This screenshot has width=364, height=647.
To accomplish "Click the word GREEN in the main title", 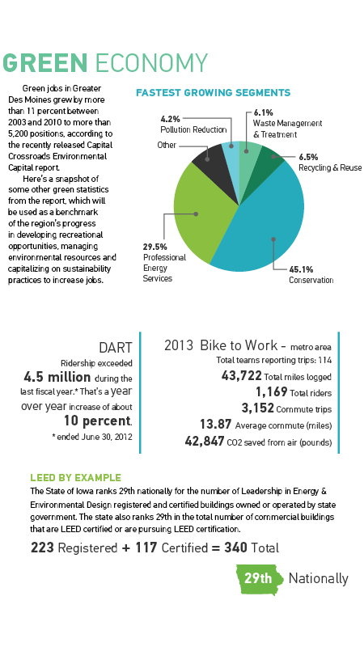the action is [x=45, y=63].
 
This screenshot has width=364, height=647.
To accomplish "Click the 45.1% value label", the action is [x=301, y=269].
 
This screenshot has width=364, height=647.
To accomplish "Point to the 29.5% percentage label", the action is [x=154, y=247].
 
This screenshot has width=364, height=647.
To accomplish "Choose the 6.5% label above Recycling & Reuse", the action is [x=308, y=157].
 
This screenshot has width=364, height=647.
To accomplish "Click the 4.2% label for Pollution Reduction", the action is [x=170, y=119].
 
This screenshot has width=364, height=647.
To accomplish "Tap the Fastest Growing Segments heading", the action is [x=213, y=93].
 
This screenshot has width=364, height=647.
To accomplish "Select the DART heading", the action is [x=116, y=348].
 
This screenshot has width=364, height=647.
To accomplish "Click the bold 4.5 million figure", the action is [x=57, y=377].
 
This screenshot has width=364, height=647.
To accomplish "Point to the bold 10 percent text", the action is [x=97, y=421].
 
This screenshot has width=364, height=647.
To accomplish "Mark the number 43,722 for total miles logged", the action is [x=241, y=375].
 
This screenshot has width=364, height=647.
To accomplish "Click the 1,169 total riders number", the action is [x=271, y=391].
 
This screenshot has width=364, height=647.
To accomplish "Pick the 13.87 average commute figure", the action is [x=215, y=424].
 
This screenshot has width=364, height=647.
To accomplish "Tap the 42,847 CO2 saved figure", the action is [x=205, y=441].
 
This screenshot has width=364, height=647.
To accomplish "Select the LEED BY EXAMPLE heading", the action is [x=75, y=478].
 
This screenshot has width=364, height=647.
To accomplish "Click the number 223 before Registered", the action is [x=42, y=548].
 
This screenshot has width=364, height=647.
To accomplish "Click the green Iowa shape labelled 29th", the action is [x=260, y=579].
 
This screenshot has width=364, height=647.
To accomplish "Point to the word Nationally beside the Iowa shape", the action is [x=318, y=578].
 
